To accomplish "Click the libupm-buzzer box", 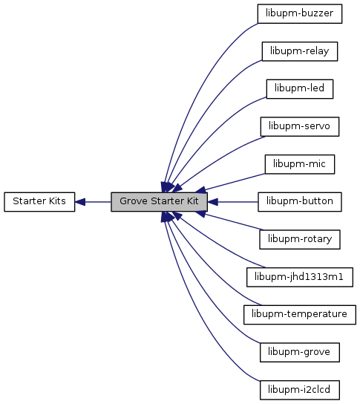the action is coord(300,13).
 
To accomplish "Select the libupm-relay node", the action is coord(300,51).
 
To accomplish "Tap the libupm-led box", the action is coord(300,89).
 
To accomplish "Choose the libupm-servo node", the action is coord(300,127).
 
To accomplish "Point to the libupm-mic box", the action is coord(300,164).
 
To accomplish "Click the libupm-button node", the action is coord(300,202).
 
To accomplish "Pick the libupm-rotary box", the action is coord(300,240).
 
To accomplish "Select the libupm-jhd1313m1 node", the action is coord(300,277).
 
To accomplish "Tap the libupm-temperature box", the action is coord(300,315).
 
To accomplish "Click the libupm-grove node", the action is coord(300,353).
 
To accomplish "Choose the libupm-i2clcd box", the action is coord(300,390).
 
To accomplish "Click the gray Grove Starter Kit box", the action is coord(159,202).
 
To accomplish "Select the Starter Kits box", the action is coord(39,202).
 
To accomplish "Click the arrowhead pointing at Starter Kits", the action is coord(80,202).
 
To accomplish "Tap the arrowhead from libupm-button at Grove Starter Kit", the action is coord(212,202).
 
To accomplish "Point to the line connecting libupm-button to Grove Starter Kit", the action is coord(238,202).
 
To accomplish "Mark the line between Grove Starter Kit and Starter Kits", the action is coord(98,202).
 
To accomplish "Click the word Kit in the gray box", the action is coord(192,201).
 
